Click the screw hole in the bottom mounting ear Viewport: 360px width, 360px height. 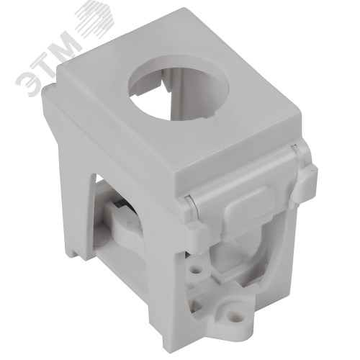(x=231, y=313)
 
